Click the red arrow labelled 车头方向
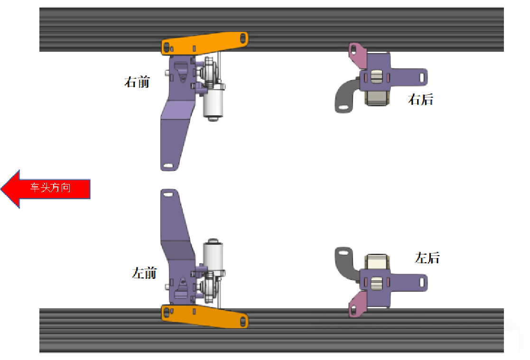point(45,189)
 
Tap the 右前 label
point(137,82)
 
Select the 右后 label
point(420,100)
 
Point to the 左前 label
point(144,273)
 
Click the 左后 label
point(427,258)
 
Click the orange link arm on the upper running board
point(205,43)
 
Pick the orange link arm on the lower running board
point(205,316)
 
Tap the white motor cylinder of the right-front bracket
point(213,102)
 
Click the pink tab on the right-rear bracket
point(358,54)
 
